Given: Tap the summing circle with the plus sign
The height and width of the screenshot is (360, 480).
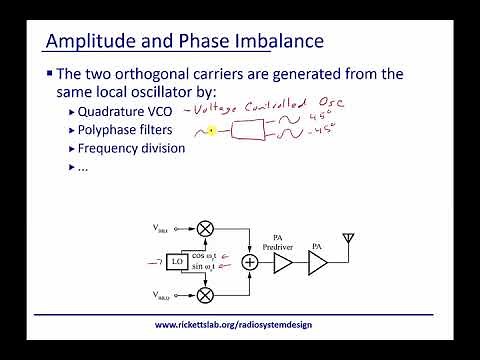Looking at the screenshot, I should [250, 262].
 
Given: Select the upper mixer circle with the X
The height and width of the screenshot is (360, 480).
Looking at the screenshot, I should [205, 228].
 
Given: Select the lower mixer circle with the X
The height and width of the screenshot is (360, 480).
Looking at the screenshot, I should [205, 295].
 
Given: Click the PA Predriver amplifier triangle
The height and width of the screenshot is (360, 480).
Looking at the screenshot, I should [283, 262].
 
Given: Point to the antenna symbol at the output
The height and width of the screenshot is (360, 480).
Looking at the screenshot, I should [348, 241].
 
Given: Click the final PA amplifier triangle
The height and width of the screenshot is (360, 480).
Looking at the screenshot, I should [317, 262].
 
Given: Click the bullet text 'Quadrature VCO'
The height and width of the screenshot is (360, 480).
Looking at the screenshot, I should [135, 112].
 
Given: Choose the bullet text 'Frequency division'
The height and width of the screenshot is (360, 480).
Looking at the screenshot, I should [139, 148].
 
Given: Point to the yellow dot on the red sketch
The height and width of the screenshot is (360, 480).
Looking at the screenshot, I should [212, 130].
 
